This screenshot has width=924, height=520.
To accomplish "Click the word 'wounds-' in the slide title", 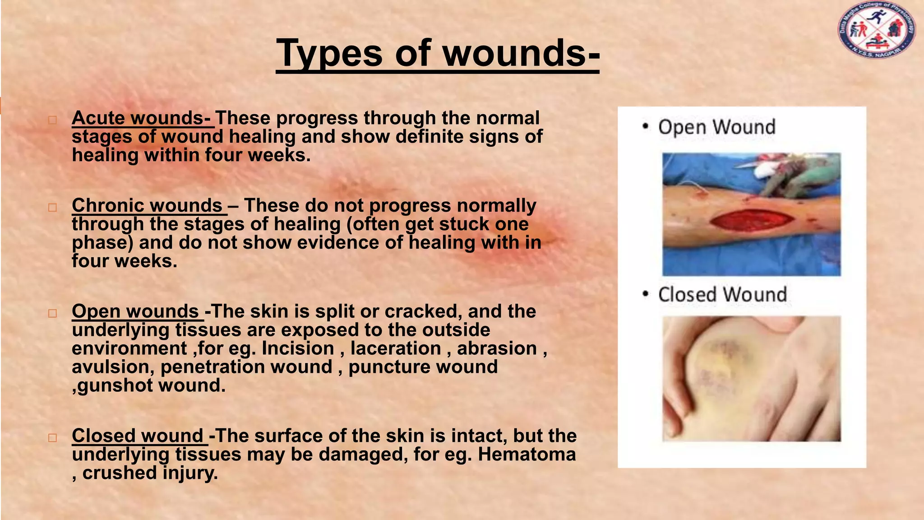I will (521, 53).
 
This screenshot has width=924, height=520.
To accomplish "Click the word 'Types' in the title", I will (329, 53).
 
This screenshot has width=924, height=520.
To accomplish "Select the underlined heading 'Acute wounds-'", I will (141, 118).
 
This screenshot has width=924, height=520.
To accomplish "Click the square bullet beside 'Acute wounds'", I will (53, 120).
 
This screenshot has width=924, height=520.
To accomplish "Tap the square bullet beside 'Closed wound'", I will (53, 438).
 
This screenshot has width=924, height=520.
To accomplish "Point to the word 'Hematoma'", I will (527, 455).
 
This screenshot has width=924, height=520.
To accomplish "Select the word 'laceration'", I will (396, 348).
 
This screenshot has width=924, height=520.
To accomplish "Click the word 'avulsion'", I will (110, 367).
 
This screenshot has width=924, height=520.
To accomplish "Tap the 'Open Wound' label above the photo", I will (716, 127).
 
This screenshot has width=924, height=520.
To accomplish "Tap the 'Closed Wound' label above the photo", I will (722, 295).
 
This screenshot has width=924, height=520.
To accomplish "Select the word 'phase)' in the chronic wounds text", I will (102, 243).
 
